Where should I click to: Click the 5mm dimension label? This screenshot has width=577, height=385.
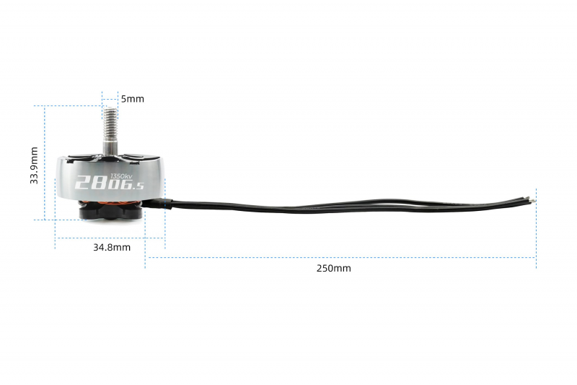click(x=133, y=99)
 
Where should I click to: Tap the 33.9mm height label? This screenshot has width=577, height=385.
click(x=34, y=165)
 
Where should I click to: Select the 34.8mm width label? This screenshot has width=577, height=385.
click(x=112, y=247)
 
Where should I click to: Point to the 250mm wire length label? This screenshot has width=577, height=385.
click(x=334, y=268)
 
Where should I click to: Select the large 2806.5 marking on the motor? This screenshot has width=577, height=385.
click(x=109, y=183)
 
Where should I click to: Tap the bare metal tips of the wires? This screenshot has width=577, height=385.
click(x=531, y=199)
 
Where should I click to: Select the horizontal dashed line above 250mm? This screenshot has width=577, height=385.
click(x=340, y=258)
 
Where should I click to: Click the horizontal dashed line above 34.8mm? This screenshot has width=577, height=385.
click(x=110, y=238)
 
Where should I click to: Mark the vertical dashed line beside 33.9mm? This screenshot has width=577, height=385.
click(x=45, y=163)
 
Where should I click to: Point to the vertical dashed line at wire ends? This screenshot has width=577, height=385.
click(x=536, y=228)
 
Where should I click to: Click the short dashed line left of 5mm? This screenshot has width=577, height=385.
click(x=102, y=105)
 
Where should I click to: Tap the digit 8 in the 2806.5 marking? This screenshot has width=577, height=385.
click(x=99, y=182)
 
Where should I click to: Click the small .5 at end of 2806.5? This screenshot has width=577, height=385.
click(x=138, y=187)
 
